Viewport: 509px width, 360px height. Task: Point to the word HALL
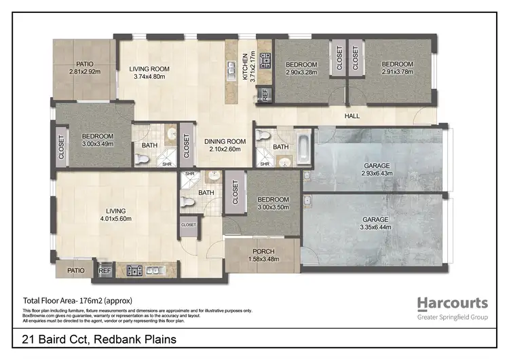click(352, 116)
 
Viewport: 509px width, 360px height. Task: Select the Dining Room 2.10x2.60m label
click(223, 145)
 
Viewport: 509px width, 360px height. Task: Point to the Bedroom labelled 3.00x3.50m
click(273, 204)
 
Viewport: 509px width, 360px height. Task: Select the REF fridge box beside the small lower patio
click(104, 270)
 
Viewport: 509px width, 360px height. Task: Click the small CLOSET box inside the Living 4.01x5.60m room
click(188, 224)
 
